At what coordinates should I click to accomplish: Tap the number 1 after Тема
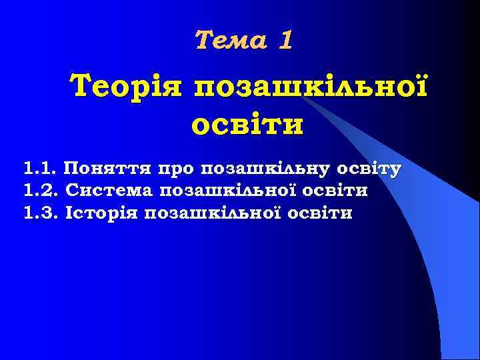click(x=285, y=41)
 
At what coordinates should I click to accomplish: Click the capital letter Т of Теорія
click(x=83, y=86)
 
